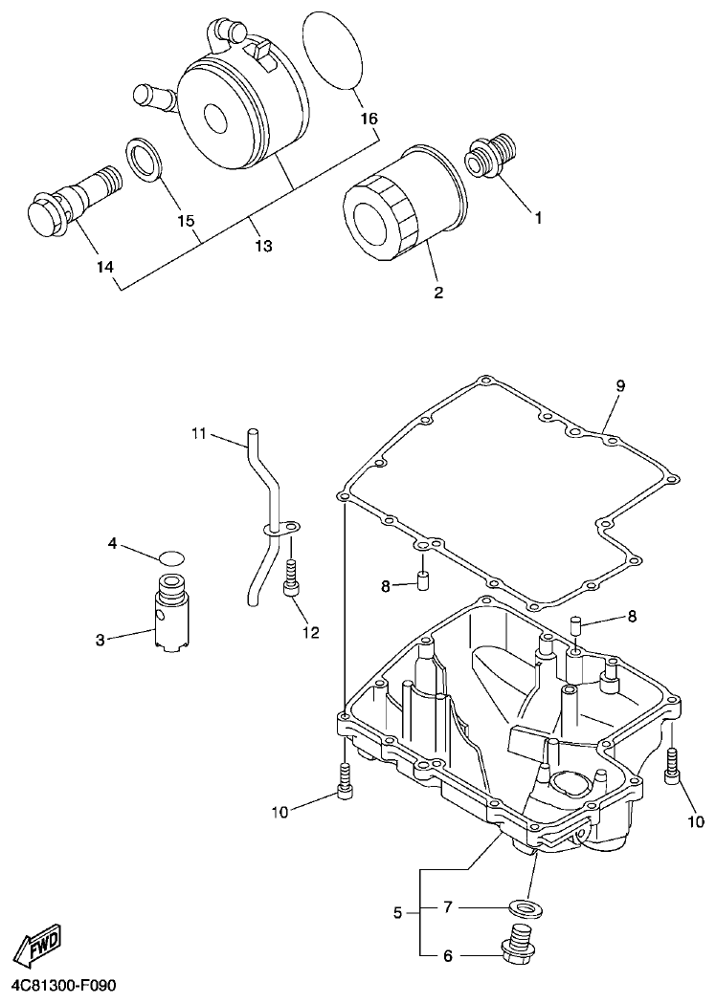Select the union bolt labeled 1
click(x=492, y=155)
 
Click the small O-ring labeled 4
click(x=171, y=557)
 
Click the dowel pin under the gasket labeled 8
click(x=419, y=581)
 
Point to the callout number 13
click(x=263, y=246)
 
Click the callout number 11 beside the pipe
click(x=198, y=434)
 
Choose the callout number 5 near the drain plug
click(x=398, y=912)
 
